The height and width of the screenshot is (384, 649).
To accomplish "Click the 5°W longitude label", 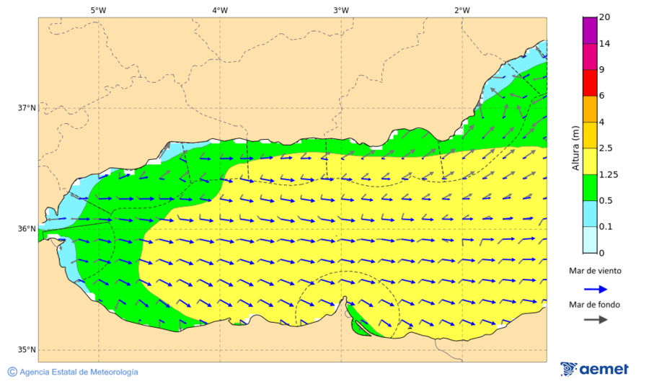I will [99, 10].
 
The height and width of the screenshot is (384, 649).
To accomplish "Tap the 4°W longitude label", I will [220, 10].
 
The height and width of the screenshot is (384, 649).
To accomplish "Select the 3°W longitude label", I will [341, 10].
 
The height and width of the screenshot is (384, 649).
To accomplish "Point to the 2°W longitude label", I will [462, 10].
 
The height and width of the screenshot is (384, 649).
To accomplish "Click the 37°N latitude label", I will [27, 108].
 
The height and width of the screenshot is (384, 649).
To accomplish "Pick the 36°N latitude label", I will [27, 229].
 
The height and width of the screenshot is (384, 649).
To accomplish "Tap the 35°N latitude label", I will [27, 350].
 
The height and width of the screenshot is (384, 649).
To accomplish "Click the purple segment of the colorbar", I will [590, 30].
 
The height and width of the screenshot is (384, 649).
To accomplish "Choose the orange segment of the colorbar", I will [590, 109].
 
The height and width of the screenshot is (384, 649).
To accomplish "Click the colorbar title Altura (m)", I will [575, 148].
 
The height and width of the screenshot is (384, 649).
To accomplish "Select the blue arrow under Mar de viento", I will [594, 288].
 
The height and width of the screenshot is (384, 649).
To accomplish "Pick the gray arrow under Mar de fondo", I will [594, 320].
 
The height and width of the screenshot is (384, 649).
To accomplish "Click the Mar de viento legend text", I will [594, 272].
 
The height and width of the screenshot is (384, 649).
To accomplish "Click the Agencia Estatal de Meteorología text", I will [79, 372].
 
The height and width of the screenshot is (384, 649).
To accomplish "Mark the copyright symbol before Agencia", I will [12, 372].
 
